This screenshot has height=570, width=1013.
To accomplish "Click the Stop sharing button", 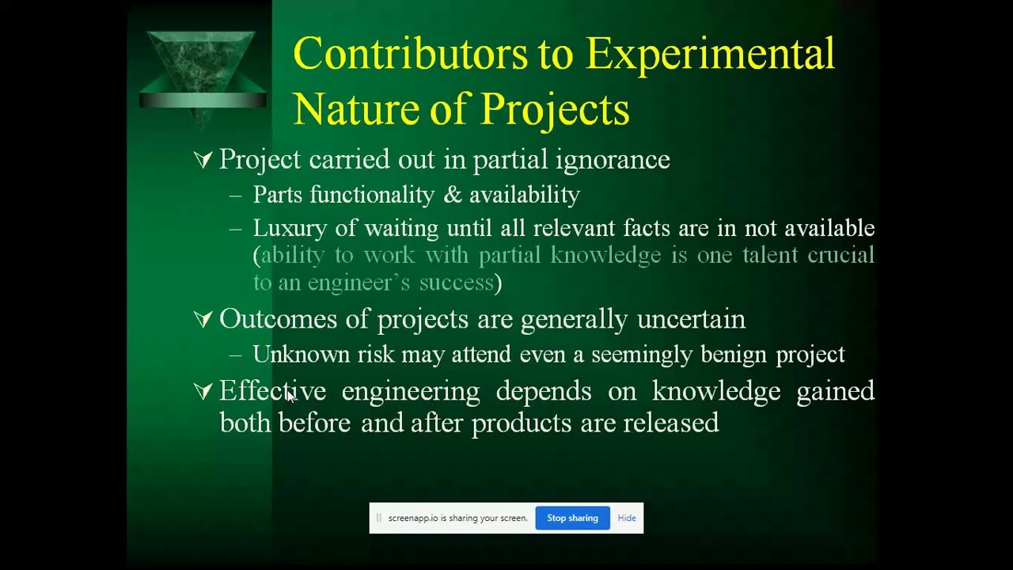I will tap(572, 518).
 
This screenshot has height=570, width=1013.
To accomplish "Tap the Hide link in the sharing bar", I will tap(627, 518).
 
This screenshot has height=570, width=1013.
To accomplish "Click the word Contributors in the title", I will tap(410, 55).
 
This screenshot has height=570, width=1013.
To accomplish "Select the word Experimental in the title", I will tap(710, 55).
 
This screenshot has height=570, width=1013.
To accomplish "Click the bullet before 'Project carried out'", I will tap(203, 160).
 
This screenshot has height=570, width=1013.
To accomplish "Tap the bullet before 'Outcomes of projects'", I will tap(203, 319).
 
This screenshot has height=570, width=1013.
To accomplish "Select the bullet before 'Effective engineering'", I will tap(203, 391).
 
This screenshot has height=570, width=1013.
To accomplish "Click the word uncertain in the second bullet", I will tap(691, 319).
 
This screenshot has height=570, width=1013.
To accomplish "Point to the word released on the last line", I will tap(671, 423).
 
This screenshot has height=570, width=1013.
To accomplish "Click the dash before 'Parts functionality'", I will tap(235, 196).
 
